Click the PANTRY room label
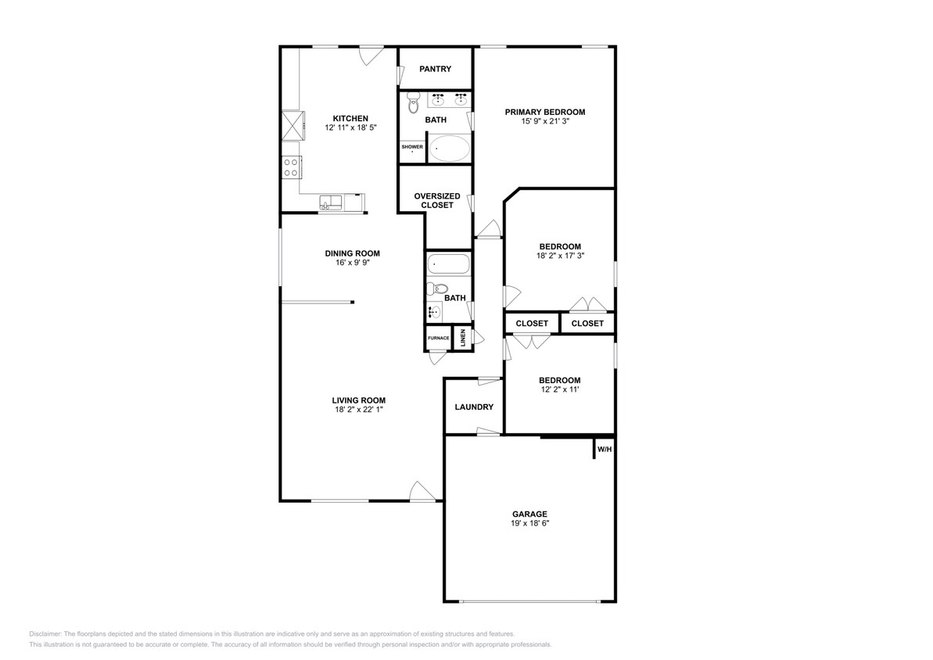pos(435,69)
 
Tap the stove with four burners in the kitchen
pos(292,167)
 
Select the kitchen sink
pos(330,203)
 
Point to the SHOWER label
pos(412,147)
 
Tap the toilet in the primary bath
pos(413,103)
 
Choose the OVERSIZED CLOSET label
pos(437,200)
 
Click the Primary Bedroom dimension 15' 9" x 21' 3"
pos(545,120)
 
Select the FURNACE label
pos(439,338)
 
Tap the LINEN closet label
pos(463,338)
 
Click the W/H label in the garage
pos(605,450)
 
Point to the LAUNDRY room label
pos(474,407)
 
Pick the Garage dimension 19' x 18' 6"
pos(530,523)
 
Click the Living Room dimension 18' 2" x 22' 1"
pos(359,410)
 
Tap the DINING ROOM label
pos(352,253)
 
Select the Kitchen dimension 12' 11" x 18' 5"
pos(350,127)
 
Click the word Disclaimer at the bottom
pos(45,634)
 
